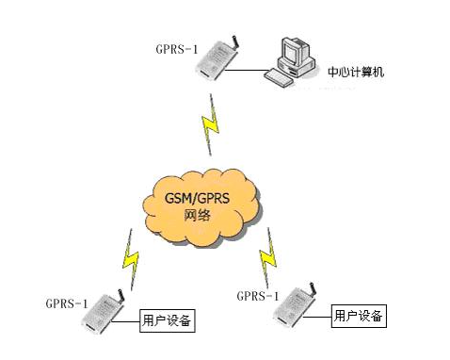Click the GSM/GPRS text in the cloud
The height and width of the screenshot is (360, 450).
pos(197,199)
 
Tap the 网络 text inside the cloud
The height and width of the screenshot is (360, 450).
pos(197,216)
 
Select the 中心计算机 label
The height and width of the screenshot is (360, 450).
pos(356,72)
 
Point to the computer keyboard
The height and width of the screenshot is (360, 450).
pos(279,78)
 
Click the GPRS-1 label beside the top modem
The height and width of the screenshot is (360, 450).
pos(177,49)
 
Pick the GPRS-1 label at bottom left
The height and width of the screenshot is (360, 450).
pos(67,303)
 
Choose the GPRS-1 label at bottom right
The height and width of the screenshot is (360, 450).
pos(258,296)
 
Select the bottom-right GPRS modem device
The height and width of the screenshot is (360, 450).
pos(294,304)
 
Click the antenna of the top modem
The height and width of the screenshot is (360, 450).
pos(235,41)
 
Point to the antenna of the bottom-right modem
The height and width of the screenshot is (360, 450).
pos(312,288)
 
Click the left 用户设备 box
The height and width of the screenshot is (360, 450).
pos(168,320)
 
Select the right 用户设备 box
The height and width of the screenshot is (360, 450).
pos(359,316)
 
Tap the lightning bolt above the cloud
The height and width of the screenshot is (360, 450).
pos(211,124)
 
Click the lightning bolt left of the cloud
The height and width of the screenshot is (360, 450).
pos(131,259)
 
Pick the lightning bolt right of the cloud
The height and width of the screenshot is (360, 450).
pos(267,258)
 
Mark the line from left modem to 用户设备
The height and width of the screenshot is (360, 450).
pos(125,321)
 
